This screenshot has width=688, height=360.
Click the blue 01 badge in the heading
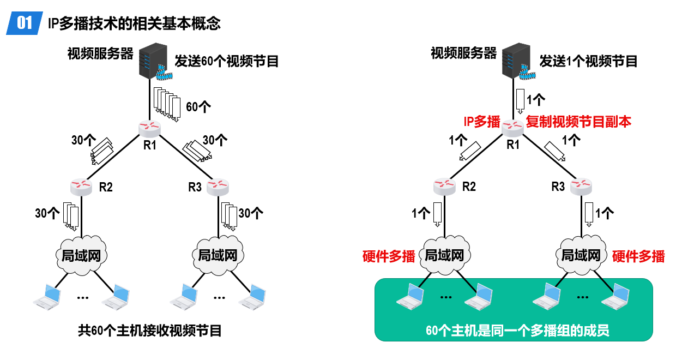pyautogui.click(x=25, y=23)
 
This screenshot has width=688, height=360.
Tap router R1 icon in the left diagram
pyautogui.click(x=149, y=129)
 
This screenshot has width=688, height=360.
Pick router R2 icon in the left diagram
pyautogui.click(x=81, y=187)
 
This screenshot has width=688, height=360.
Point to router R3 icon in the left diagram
pyautogui.click(x=218, y=187)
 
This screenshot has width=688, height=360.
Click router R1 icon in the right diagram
pyautogui.click(x=512, y=128)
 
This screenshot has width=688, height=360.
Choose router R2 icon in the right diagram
pyautogui.click(x=444, y=187)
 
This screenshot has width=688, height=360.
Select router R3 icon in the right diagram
pyautogui.click(x=581, y=187)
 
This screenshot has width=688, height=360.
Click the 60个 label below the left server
pyautogui.click(x=198, y=107)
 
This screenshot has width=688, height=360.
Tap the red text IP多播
pyautogui.click(x=482, y=122)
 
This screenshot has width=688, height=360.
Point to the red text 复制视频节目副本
pyautogui.click(x=578, y=122)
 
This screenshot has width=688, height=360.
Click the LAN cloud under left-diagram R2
pyautogui.click(x=81, y=255)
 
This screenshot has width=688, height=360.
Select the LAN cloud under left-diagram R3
pyautogui.click(x=218, y=255)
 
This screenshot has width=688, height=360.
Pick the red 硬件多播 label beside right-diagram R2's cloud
pyautogui.click(x=389, y=256)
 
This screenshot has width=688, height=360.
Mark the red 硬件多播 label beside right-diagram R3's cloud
pyautogui.click(x=638, y=256)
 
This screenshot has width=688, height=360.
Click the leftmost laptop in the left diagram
pyautogui.click(x=47, y=297)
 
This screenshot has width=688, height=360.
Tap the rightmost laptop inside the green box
pyautogui.click(x=615, y=297)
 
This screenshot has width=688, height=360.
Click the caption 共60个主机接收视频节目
pyautogui.click(x=149, y=331)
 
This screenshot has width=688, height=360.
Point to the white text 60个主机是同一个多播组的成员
pyautogui.click(x=517, y=331)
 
